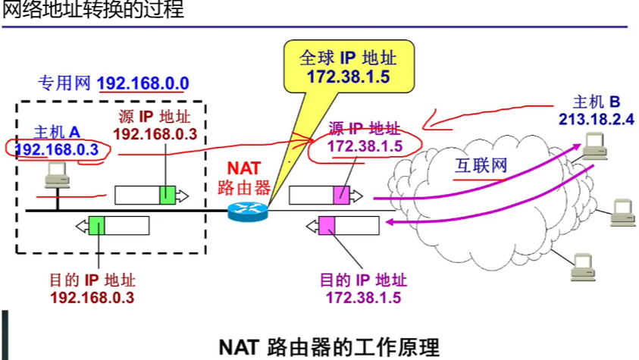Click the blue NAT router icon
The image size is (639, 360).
248,211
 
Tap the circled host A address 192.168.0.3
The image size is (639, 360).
58,149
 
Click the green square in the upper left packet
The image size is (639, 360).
168,195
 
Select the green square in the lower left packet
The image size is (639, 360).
96,225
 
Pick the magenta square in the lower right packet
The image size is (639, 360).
327,225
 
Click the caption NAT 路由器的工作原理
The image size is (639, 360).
329,347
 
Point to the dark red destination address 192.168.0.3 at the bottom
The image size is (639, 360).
92,297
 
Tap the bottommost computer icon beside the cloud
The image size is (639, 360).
582,264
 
